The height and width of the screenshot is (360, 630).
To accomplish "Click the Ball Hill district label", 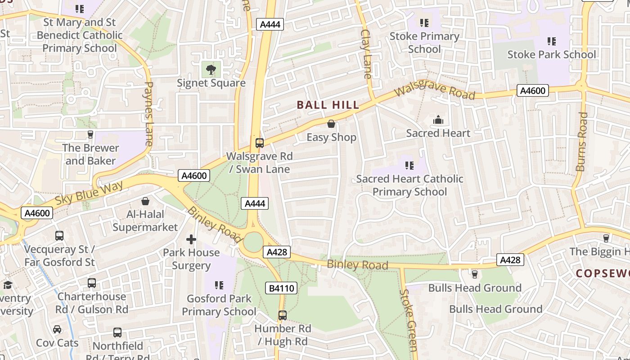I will click(x=328, y=105).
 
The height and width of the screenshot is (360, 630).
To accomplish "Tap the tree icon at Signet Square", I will click(x=211, y=69).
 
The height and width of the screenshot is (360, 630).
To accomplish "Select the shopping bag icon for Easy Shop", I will click(x=331, y=124).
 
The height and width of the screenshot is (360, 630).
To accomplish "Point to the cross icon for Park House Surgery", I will click(x=191, y=239).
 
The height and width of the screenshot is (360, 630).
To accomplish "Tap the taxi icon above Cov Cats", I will click(x=57, y=329).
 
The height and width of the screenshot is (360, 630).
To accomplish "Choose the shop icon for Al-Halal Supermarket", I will click(x=145, y=201).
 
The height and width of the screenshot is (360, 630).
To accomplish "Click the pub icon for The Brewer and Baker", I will click(x=90, y=134).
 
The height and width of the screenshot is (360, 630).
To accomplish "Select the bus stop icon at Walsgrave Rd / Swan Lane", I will click(x=259, y=143).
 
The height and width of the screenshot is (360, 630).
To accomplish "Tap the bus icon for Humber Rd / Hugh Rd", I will click(x=282, y=315).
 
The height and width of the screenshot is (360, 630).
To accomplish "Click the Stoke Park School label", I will click(x=552, y=55).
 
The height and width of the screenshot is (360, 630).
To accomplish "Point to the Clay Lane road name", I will click(x=367, y=54).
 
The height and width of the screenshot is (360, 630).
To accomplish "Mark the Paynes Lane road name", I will click(x=148, y=113).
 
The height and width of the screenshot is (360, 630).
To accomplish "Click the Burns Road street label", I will click(x=581, y=142).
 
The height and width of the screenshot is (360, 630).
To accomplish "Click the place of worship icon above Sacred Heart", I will click(x=438, y=120).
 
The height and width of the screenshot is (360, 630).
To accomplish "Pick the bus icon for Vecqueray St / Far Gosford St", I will click(x=59, y=235).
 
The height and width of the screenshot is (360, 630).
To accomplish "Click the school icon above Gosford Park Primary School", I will click(x=219, y=285).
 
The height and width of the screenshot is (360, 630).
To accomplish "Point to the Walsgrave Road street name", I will click(x=435, y=91).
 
